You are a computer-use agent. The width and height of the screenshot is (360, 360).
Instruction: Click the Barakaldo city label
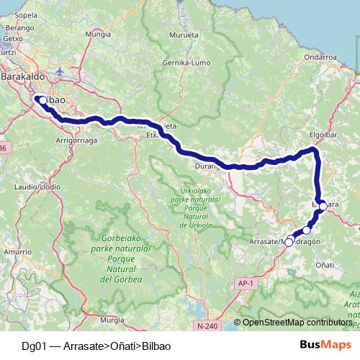click(x=24, y=75)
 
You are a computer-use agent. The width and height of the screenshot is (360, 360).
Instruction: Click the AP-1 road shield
click(x=246, y=285)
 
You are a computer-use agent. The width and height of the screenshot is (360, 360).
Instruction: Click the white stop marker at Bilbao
click(x=42, y=101)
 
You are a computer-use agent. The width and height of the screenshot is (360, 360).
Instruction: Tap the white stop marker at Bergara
click(x=323, y=206)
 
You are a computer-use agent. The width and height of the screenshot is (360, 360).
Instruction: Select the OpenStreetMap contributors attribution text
click(x=297, y=323)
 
